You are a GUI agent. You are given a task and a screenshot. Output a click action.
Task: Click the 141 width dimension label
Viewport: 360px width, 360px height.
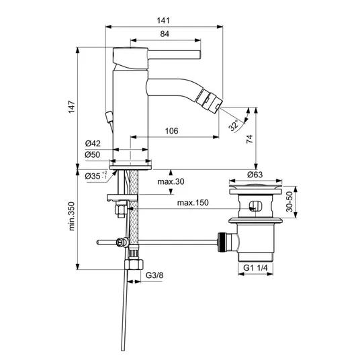(x=163, y=21)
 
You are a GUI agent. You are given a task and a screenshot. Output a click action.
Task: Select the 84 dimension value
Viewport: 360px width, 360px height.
(x=165, y=34)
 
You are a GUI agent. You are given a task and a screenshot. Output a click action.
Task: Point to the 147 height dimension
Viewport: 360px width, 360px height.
(x=72, y=107)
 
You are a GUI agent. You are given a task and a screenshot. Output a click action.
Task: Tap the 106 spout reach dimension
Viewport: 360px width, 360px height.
(x=171, y=131)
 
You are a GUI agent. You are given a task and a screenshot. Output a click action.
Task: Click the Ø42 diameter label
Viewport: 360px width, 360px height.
(x=93, y=144)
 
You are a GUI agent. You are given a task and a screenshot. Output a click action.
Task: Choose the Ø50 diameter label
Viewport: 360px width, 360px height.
(x=93, y=154)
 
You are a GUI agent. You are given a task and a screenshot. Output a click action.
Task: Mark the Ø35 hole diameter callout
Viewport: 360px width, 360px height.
(x=96, y=176)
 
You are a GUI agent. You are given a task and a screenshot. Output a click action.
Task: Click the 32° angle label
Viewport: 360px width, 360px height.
(x=234, y=126)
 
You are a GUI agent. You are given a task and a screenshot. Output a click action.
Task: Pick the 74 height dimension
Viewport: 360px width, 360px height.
(x=250, y=139)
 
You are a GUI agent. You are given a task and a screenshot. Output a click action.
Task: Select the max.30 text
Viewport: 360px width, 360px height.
(x=171, y=181)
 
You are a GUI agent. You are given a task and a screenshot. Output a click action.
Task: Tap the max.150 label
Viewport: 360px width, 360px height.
(x=193, y=203)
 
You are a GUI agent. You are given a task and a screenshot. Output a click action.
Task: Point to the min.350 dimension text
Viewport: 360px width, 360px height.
(x=72, y=216)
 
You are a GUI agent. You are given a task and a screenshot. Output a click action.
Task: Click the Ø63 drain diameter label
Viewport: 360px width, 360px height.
(x=255, y=175)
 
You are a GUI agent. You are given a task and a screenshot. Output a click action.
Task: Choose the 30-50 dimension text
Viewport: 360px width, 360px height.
(x=289, y=201)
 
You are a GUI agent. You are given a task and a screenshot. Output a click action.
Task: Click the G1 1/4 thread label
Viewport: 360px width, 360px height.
(x=255, y=268)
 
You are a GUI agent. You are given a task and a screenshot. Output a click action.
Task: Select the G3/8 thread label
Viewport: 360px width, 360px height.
(x=154, y=275)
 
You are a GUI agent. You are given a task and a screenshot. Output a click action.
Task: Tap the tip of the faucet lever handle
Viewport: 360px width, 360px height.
(x=200, y=54)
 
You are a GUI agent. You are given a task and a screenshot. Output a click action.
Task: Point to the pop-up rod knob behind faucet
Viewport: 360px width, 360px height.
(x=108, y=116)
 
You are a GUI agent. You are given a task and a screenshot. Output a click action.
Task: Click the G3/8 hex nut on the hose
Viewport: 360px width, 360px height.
(x=134, y=264)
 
